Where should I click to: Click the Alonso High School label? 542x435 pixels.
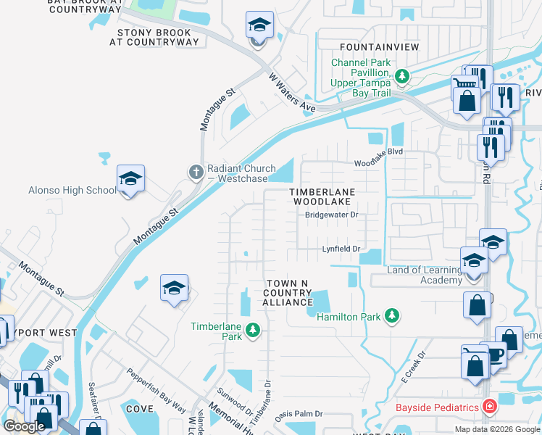71,191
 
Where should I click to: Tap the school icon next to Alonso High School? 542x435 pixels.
130,179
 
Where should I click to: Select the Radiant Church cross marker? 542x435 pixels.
195,172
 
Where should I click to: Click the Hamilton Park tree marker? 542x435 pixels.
392,315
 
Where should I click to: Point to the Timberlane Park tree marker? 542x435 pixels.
252,331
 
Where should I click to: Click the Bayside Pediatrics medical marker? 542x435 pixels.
490,407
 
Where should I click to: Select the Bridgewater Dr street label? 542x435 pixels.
331,215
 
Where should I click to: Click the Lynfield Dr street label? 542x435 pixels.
341,249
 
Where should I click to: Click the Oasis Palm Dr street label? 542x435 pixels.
298,414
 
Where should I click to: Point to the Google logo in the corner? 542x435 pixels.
24,426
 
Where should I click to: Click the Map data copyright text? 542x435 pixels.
497,429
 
